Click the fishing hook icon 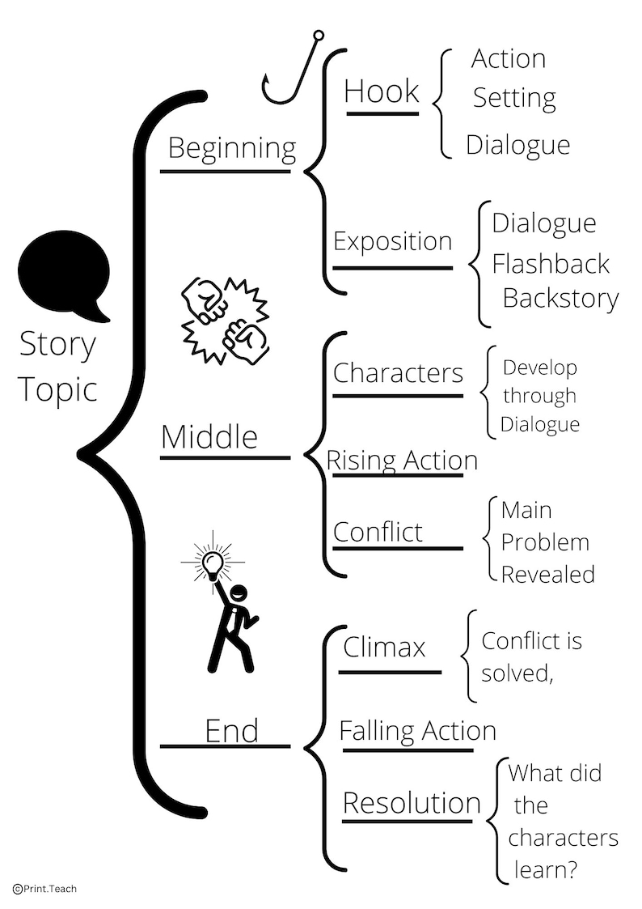point(290,73)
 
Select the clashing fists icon point(223,318)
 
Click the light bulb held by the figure point(213,563)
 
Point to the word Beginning point(232,148)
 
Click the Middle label point(209,437)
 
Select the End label point(232,730)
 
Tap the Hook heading point(382,91)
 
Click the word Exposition point(392,241)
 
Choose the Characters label point(398,373)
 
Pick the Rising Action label point(402,460)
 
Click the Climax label point(384,647)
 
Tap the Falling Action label point(417,731)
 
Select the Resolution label point(412,803)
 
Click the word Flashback point(551,263)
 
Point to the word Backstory point(560,298)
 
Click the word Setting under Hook point(514,98)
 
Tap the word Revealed point(547,574)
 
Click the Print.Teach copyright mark point(45,889)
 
